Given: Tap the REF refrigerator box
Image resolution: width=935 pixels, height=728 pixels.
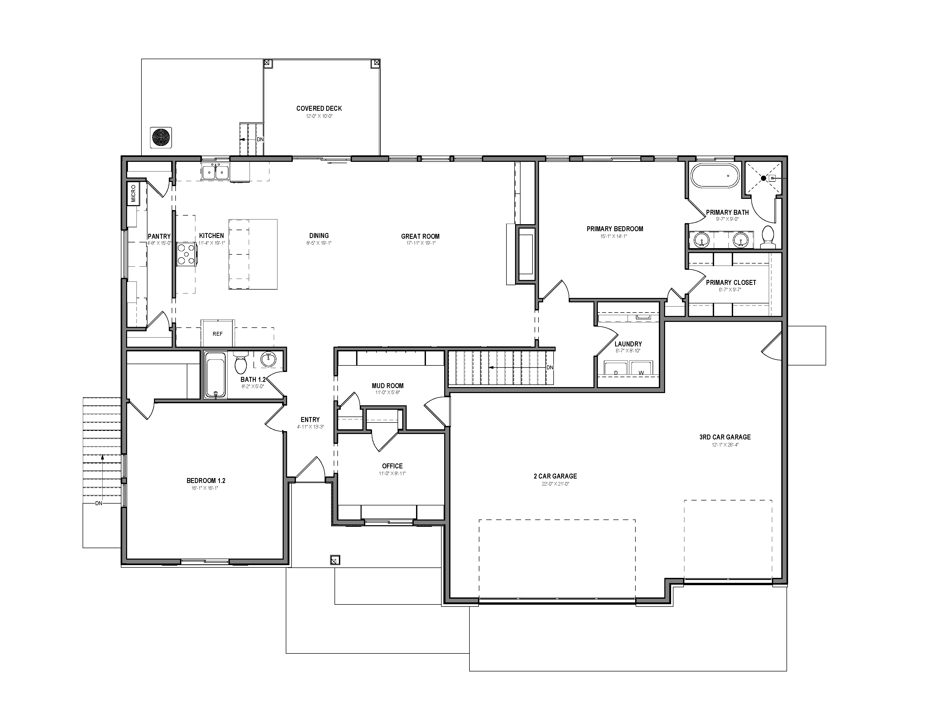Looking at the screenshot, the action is [x=218, y=333].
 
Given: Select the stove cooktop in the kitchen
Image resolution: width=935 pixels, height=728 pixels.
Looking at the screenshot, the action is [x=187, y=254].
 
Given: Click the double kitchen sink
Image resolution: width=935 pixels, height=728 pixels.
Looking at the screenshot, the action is [x=215, y=172].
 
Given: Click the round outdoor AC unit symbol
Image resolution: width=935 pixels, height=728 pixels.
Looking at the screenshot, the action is [x=161, y=137].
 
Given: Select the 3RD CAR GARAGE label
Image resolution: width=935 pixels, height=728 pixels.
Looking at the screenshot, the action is [x=725, y=437].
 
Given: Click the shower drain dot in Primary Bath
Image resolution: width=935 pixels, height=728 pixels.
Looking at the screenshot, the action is [x=763, y=178].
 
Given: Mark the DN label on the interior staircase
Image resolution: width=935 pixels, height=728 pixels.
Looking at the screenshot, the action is [x=550, y=368].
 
